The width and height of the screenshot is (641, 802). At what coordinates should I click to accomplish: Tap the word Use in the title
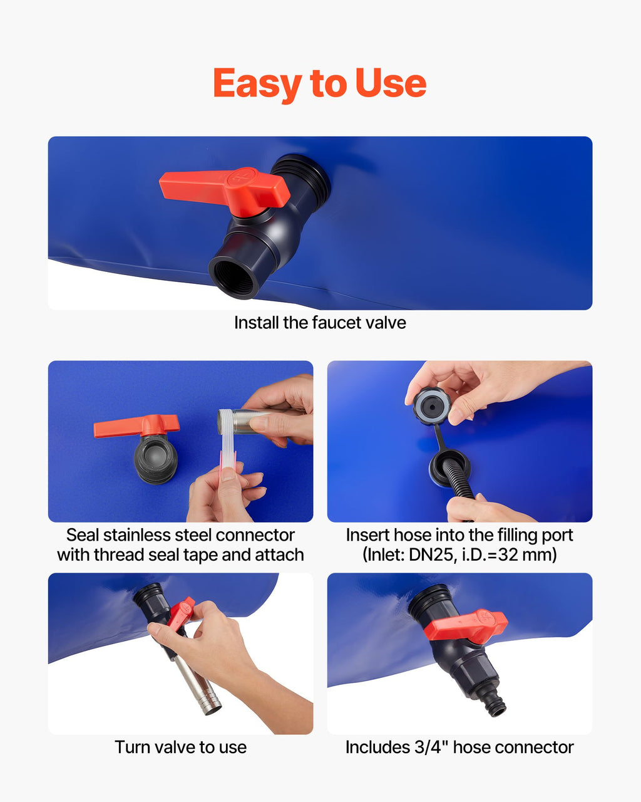391,83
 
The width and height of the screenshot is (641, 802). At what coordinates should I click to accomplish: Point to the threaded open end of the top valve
234,278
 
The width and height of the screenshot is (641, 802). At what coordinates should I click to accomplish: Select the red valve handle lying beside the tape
136,425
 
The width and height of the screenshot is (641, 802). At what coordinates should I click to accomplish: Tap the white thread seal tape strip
228,451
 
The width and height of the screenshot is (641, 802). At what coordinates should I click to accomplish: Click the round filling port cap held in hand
432,406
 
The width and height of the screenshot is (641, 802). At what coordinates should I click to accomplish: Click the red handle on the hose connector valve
466,627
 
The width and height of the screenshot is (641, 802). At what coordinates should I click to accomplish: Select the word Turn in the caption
130,747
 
